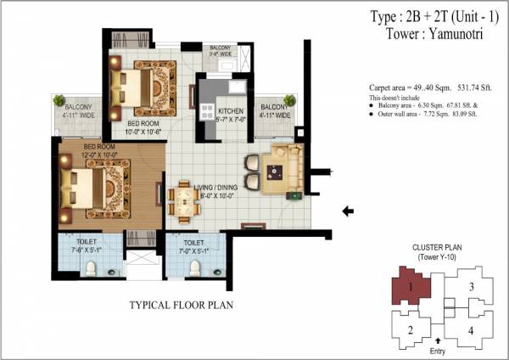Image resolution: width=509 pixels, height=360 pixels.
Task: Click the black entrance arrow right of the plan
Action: pos(350,211)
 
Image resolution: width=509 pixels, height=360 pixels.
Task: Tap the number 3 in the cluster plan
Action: pos(471,287)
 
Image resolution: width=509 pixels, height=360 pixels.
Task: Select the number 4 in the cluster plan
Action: pos(471,331)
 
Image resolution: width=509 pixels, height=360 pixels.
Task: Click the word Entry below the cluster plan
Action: pos(439,351)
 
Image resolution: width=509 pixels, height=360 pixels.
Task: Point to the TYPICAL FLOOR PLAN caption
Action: pos(181,304)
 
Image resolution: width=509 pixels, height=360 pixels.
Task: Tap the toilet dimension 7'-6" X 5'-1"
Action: pos(83,249)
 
